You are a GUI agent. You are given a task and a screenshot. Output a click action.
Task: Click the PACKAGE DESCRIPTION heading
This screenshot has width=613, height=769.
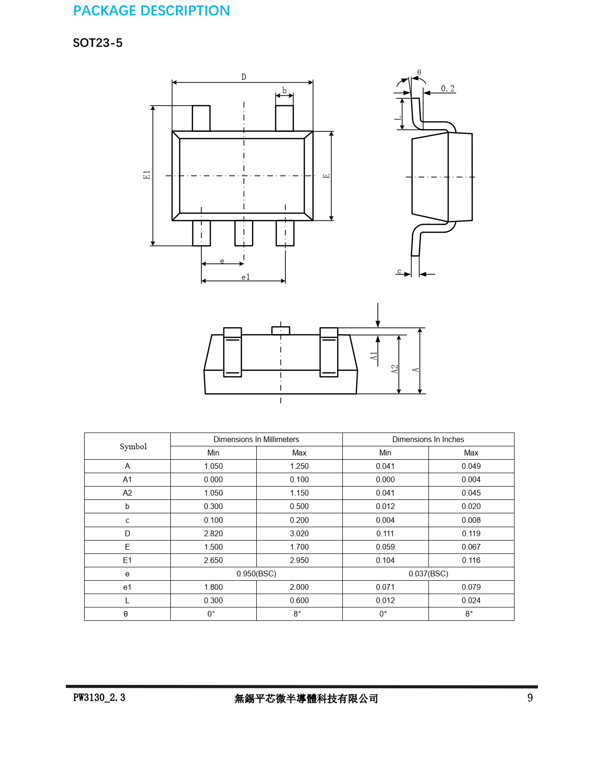coord(152,11)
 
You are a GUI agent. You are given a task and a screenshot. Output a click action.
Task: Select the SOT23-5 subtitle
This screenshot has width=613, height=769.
coord(98,43)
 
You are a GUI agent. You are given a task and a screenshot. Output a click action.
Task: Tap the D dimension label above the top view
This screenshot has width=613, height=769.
coord(244,77)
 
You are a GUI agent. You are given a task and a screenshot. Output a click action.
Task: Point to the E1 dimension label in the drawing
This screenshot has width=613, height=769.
coord(147,175)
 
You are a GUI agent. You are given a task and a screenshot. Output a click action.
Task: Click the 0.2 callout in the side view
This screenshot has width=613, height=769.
coord(448,88)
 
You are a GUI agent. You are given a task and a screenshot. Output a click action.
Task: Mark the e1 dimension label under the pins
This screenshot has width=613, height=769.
coord(246,277)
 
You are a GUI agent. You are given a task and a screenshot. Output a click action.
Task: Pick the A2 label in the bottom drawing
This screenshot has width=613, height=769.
coord(394,369)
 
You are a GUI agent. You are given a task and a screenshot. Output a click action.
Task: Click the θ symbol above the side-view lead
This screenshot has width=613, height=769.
coord(419,72)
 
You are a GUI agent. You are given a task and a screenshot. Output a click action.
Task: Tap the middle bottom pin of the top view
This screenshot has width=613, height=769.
coord(244,233)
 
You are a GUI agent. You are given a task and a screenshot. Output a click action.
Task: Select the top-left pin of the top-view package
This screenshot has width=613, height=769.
coord(201,118)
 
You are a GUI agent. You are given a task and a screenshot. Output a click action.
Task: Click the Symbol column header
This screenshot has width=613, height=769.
coord(133,446)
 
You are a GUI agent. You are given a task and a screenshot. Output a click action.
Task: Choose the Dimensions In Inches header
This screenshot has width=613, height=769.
coord(428,439)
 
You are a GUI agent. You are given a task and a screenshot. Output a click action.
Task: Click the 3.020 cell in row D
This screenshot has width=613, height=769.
coord(299,533)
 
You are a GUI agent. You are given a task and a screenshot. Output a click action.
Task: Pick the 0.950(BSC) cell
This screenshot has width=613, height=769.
coord(256,574)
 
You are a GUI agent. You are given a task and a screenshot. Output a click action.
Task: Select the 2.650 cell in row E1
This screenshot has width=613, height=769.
coord(213,560)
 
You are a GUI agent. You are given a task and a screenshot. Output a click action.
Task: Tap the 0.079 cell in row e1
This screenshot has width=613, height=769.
coord(471,587)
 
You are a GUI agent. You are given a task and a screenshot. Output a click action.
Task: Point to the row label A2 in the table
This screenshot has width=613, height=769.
coord(127,493)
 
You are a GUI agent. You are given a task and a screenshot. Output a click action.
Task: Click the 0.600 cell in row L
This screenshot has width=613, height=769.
coord(299,600)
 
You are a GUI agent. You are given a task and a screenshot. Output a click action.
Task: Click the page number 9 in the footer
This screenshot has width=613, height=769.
coord(530,698)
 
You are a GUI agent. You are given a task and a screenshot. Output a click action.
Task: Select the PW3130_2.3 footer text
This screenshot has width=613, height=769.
coord(99,698)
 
